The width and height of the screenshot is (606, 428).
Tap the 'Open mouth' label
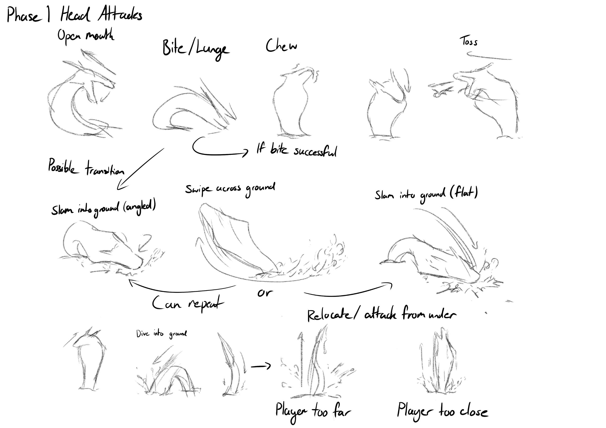pyautogui.click(x=86, y=36)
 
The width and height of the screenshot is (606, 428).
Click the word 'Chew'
pyautogui.click(x=281, y=46)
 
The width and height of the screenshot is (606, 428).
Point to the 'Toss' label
pyautogui.click(x=469, y=41)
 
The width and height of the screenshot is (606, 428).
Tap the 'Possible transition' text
pyautogui.click(x=86, y=167)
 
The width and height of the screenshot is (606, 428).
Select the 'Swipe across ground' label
pyautogui.click(x=230, y=189)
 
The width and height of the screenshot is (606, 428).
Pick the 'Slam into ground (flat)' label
pyautogui.click(x=426, y=194)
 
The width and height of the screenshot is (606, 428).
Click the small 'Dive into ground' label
pyautogui.click(x=161, y=334)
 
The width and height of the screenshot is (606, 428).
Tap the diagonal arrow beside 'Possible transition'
pyautogui.click(x=140, y=169)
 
